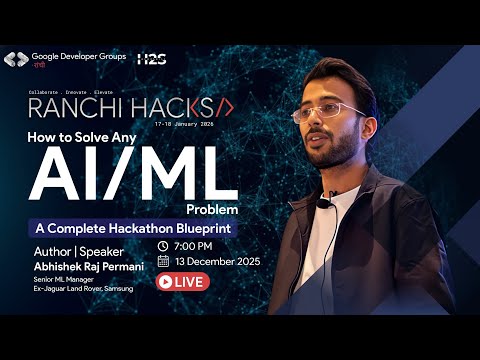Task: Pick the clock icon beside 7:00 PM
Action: coord(163,246)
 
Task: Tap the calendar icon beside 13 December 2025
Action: coord(163,262)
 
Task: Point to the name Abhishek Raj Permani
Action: coord(83,266)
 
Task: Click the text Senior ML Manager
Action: coord(61,279)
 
